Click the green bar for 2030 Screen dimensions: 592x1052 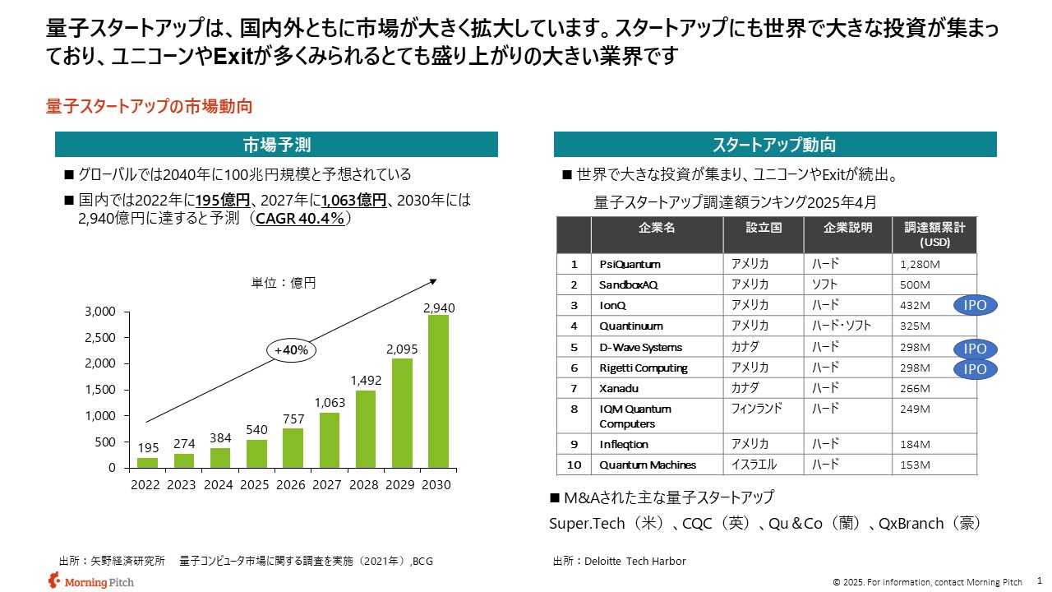click(436, 391)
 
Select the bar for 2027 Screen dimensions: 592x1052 click(328, 440)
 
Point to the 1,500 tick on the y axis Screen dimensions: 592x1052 click(101, 390)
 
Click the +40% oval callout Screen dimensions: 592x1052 click(291, 349)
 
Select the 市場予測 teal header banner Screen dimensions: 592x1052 click(276, 145)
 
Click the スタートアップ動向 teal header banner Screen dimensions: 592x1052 click(774, 145)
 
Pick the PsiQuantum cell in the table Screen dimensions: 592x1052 click(630, 264)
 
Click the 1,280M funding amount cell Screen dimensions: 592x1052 click(914, 264)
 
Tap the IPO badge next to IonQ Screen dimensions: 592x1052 click(975, 305)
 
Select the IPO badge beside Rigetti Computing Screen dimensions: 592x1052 click(975, 369)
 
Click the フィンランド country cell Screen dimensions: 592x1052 click(757, 408)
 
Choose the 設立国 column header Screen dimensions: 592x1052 click(764, 228)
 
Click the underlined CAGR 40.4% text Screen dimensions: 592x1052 click(303, 218)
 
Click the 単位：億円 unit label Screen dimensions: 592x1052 click(284, 282)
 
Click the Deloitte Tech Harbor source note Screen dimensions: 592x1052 click(620, 561)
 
